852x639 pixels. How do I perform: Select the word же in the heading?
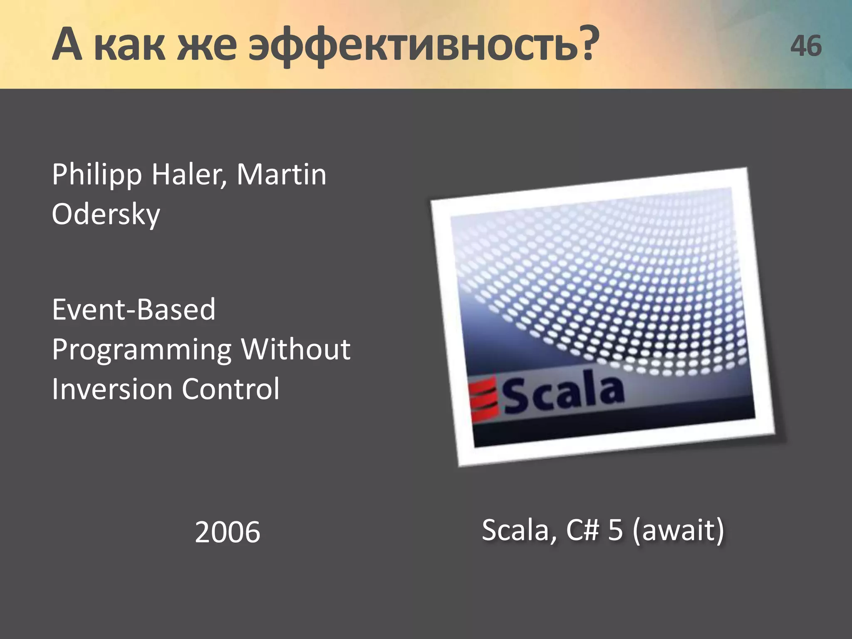[x=207, y=45]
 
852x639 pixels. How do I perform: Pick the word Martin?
[x=281, y=175]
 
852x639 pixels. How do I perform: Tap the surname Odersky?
[x=106, y=214]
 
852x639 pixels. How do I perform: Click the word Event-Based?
[x=134, y=310]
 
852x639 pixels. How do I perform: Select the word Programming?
[x=141, y=349]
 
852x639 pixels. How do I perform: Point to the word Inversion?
[x=112, y=389]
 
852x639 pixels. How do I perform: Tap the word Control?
[x=230, y=389]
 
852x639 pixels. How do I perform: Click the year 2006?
[x=227, y=532]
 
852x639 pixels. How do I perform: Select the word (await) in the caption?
[x=678, y=530]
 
